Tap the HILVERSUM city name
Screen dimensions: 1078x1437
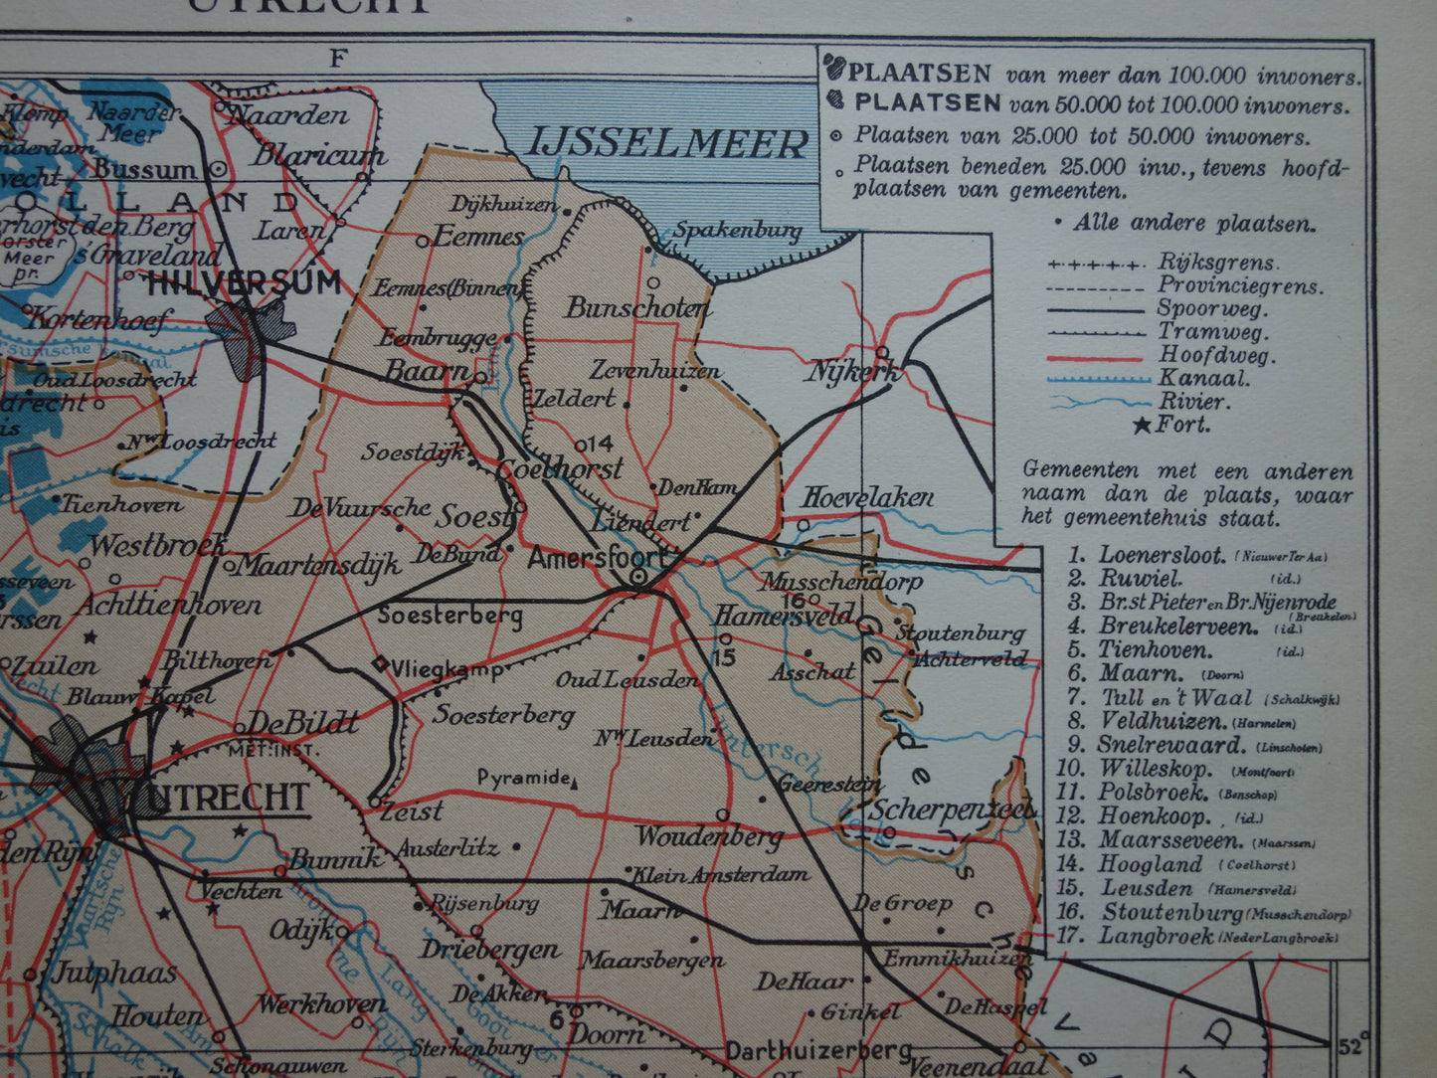[244, 284]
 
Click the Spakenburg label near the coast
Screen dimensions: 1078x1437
[737, 232]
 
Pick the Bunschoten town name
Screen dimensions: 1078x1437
[638, 308]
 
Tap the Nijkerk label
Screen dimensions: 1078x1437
[853, 373]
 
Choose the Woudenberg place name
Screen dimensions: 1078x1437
[709, 836]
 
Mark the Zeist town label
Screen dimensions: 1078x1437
[412, 811]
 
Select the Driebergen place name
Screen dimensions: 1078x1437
[489, 949]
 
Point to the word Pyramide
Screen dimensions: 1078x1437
[524, 778]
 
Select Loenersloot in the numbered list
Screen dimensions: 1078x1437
[1162, 555]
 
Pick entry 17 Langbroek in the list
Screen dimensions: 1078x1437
[1157, 936]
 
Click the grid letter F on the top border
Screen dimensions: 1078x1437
[337, 59]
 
